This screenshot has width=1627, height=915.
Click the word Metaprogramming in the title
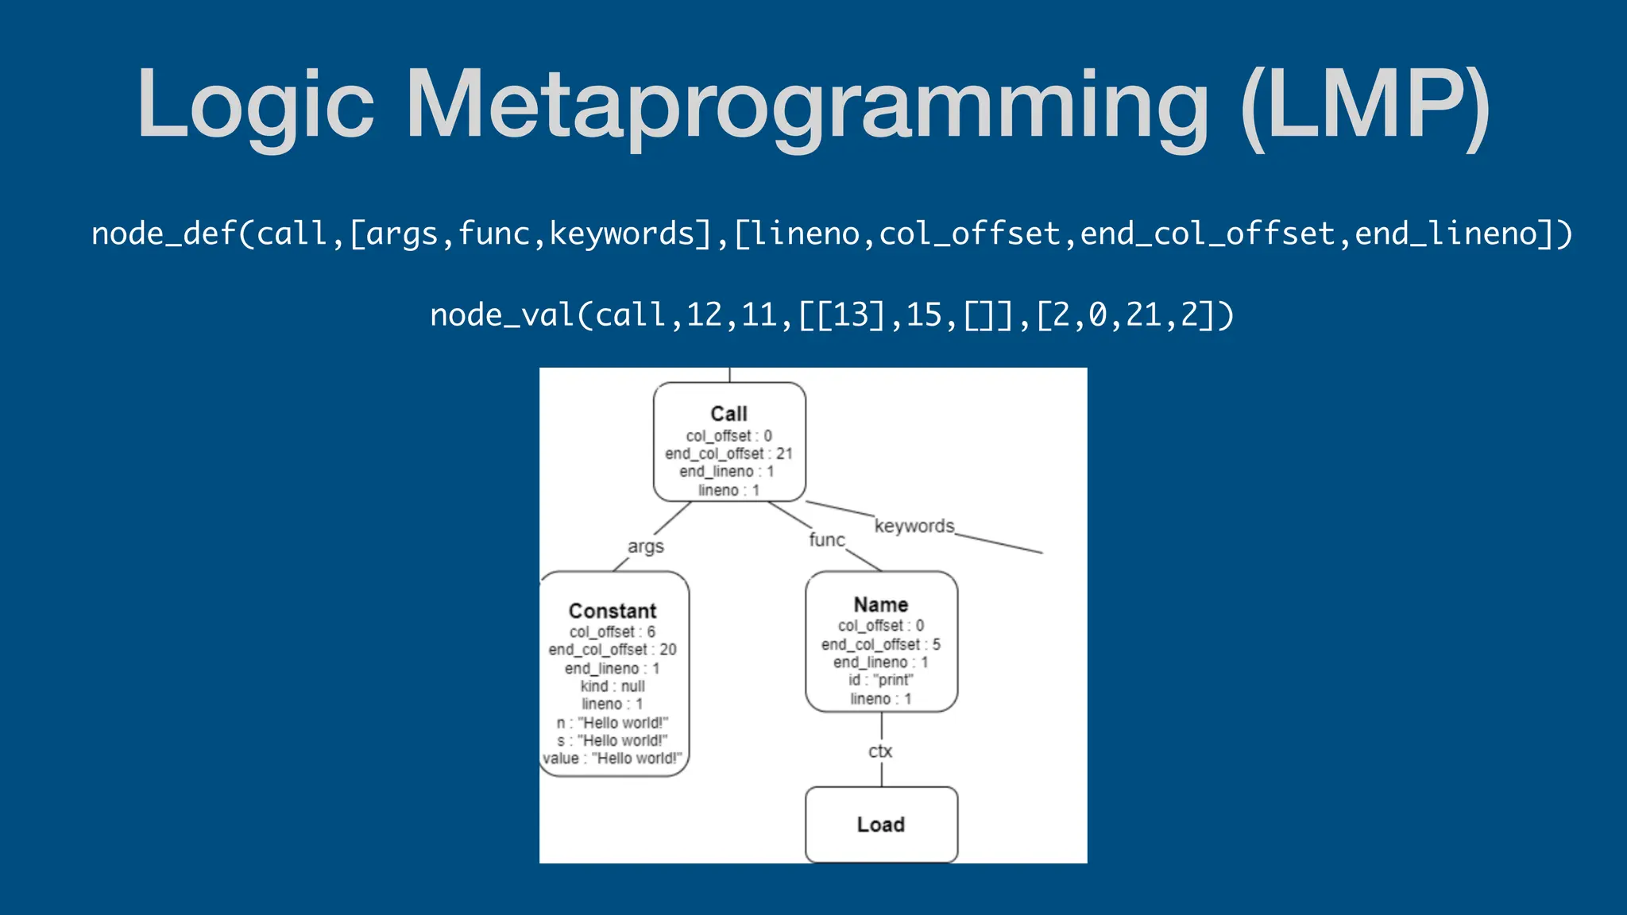[x=807, y=106]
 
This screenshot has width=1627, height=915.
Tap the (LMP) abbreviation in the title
[x=1365, y=106]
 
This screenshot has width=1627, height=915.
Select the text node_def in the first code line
[x=164, y=234]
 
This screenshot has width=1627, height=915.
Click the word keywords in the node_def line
[x=622, y=234]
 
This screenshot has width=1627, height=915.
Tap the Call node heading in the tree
[x=728, y=414]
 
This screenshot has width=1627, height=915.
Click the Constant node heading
[x=613, y=611]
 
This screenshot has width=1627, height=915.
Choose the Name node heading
[x=880, y=604]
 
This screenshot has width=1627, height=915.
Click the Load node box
[x=881, y=824]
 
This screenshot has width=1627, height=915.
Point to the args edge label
[x=645, y=546]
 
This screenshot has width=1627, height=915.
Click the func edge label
[x=826, y=540]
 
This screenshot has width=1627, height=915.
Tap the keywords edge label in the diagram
[x=914, y=526]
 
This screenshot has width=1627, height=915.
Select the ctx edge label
[x=880, y=751]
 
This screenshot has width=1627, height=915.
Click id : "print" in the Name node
[x=880, y=680]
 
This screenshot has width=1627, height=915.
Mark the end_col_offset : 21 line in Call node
[x=728, y=454]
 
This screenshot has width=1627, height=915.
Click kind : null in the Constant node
[x=613, y=686]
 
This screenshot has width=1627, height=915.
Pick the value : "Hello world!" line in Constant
[x=612, y=759]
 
